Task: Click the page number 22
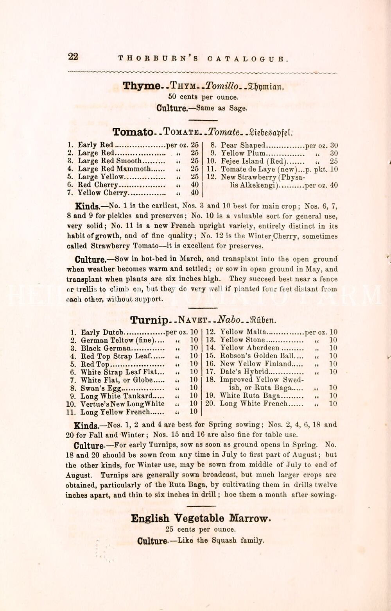(73, 57)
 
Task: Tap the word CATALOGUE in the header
(248, 59)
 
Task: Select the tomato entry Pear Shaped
(243, 145)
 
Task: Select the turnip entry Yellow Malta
(243, 332)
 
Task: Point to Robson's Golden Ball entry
(257, 356)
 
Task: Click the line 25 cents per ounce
(201, 530)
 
